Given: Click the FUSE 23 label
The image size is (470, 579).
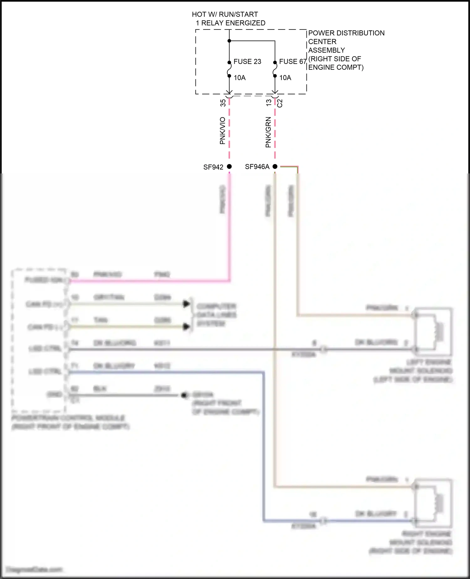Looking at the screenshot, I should pos(247,62).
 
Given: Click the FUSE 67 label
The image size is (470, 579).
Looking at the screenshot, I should pos(293,62).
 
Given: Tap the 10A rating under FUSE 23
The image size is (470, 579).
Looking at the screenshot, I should pos(240,78).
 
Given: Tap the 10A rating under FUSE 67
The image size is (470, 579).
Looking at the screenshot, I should pos(285,78).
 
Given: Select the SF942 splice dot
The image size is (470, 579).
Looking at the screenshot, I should pos(229,167).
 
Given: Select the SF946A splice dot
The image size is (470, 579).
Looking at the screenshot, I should pos(275,167).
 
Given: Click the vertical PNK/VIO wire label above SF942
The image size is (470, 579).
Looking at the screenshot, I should pos(222,130).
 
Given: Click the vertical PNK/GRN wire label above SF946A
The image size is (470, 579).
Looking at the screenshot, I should pos(268,132).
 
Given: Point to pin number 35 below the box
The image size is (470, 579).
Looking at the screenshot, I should pos(223,103).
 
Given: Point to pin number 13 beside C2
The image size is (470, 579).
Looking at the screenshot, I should pos(269,103).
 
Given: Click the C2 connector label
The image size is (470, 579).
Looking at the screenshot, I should pos(280,103).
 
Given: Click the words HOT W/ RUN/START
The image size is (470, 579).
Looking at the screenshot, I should pos(225,14).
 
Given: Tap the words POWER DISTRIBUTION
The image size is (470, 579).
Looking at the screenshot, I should pos(346,33).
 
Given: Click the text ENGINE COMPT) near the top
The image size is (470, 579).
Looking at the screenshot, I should pos(336,67).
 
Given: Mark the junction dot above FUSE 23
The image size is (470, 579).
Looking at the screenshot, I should pos(229,41).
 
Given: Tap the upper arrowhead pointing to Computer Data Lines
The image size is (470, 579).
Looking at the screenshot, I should pos(186,304).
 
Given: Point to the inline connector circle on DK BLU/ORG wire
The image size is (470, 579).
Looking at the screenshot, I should pos(324,349).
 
